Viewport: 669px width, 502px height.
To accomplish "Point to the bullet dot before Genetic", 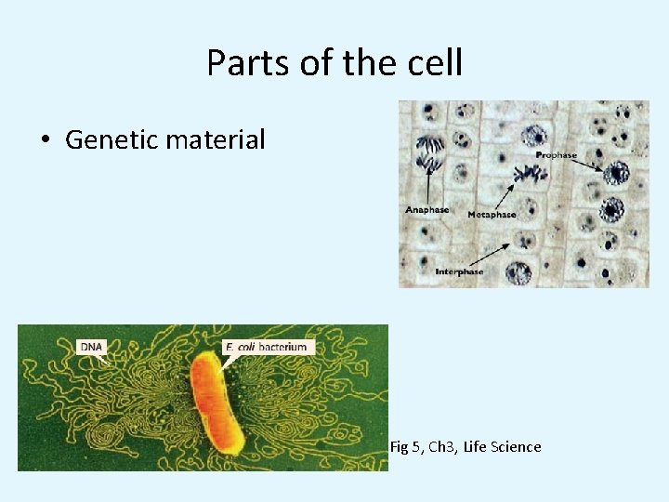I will coord(45,141).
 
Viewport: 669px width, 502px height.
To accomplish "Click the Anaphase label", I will coord(426,210).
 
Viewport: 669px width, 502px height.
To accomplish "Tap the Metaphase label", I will coord(492,215).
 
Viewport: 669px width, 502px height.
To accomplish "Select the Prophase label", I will coord(556,154).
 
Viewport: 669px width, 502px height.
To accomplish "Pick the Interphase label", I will coord(459,271).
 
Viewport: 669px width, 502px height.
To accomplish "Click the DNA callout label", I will coord(92,347).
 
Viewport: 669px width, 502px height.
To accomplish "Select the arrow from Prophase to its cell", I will coord(585,165).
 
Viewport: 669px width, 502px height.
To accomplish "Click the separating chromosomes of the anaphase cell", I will coord(428,153).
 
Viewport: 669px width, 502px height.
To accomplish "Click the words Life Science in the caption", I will coord(506,447).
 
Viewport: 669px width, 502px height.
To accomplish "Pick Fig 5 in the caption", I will coord(405,447).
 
